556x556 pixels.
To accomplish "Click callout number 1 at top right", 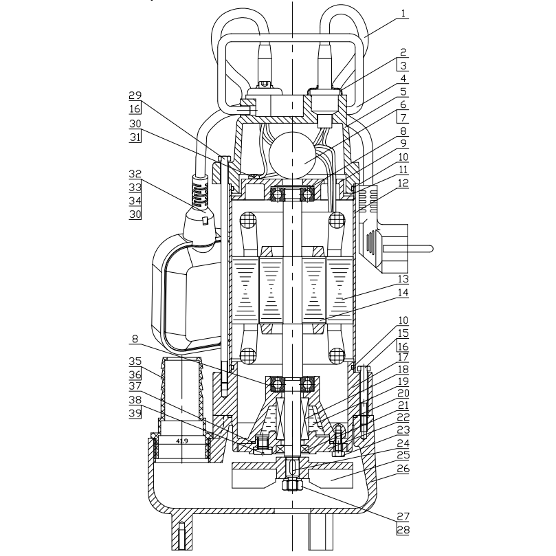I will (x=403, y=14).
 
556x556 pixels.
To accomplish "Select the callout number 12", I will (x=403, y=183).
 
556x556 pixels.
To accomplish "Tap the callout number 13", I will (x=403, y=280).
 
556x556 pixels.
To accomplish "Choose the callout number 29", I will (x=135, y=95).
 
